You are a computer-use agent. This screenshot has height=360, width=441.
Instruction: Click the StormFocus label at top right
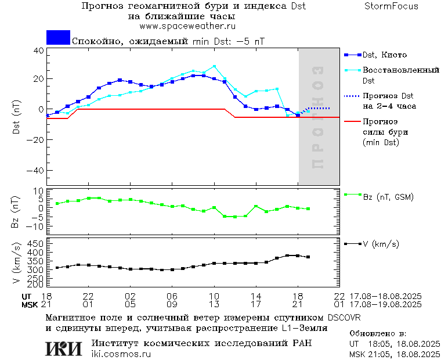[391, 6]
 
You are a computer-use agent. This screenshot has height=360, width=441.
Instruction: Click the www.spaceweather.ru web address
[187, 26]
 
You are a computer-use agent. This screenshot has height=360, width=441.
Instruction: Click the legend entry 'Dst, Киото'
[385, 55]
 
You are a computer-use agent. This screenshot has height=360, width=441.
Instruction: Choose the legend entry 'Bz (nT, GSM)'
[388, 197]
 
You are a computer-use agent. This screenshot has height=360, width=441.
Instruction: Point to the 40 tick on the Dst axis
[38, 50]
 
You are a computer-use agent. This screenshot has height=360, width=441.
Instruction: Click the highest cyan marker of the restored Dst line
[214, 66]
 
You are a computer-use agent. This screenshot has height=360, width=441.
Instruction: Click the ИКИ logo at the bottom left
[63, 348]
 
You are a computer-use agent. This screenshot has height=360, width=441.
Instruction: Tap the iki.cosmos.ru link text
[121, 354]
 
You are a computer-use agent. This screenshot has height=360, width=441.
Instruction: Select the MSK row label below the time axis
[30, 304]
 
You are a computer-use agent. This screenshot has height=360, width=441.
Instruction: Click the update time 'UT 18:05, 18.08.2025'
[394, 344]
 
